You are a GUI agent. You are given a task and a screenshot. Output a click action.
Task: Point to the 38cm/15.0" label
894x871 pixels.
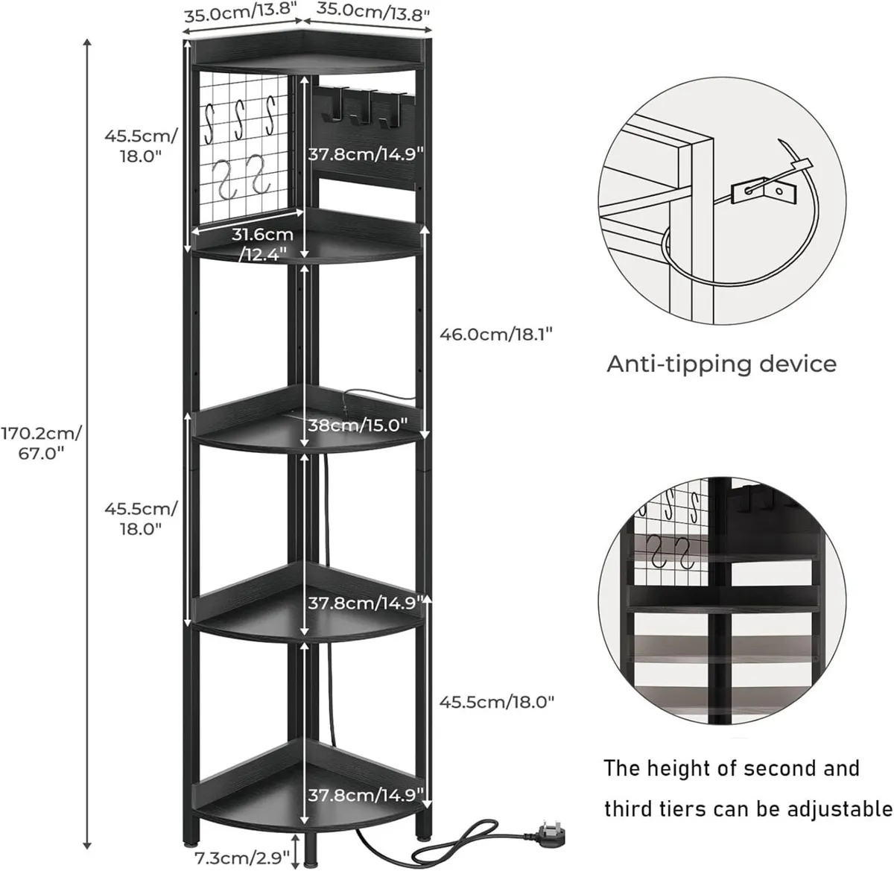tap(358, 425)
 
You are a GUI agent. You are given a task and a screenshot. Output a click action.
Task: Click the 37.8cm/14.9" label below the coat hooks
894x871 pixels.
tap(367, 153)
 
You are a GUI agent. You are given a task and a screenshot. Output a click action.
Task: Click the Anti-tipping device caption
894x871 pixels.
tap(721, 364)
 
